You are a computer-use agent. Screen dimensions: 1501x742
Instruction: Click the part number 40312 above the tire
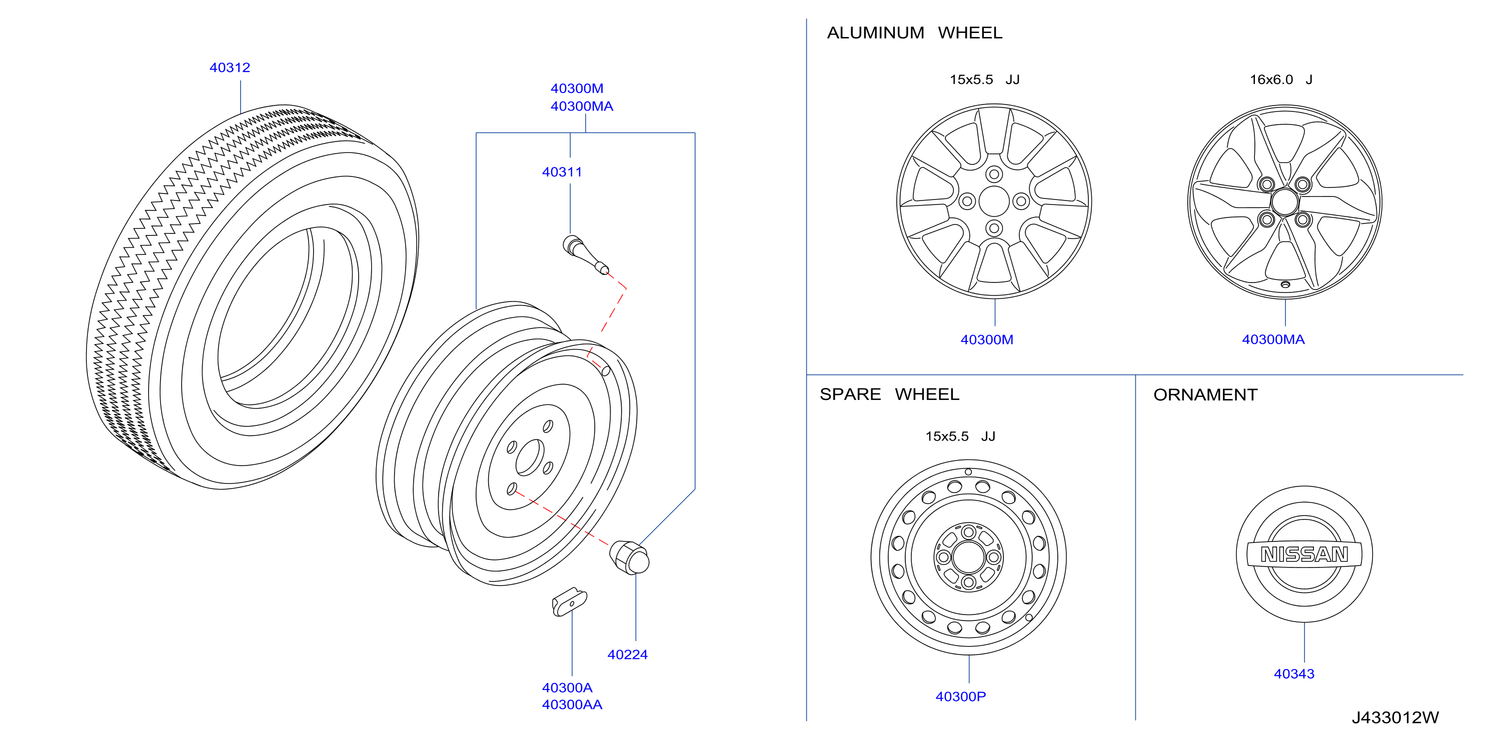(230, 67)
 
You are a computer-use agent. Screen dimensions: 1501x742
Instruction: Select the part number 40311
(562, 172)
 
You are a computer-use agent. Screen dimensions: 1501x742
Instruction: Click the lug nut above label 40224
(629, 557)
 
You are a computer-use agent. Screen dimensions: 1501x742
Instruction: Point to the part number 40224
(628, 654)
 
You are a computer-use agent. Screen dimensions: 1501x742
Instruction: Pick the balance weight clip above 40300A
(569, 601)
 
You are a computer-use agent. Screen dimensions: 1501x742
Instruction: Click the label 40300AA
(572, 704)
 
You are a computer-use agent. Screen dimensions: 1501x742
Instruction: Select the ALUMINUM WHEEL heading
(914, 32)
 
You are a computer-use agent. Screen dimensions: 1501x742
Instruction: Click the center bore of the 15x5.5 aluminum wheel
(994, 201)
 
